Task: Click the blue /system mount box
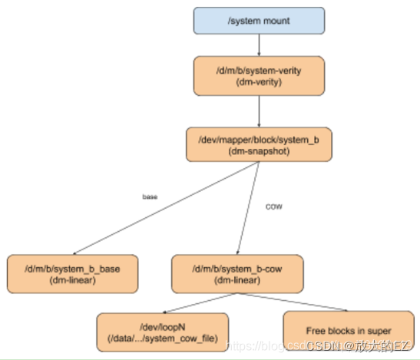[258, 21]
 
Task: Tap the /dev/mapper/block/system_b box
[258, 144]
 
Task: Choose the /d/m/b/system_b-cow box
[236, 273]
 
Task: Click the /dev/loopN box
[163, 332]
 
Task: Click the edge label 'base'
[150, 197]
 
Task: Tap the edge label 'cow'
[273, 207]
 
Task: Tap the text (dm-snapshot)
[258, 150]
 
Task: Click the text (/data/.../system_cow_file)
[163, 338]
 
